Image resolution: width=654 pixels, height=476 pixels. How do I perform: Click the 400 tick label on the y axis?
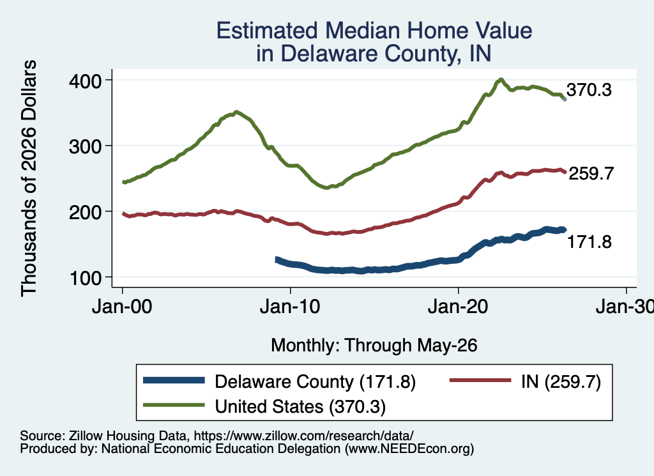[x=85, y=81]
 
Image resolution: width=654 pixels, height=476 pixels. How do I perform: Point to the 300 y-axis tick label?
[x=85, y=146]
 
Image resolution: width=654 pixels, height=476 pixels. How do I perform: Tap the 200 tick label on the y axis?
[x=85, y=212]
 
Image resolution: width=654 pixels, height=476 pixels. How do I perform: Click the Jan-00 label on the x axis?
[x=122, y=307]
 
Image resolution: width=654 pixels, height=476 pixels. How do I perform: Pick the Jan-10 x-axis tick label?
[x=290, y=307]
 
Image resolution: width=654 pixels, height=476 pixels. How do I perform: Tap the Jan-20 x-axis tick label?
[x=458, y=307]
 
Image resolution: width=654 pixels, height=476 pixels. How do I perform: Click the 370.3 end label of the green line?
[x=589, y=89]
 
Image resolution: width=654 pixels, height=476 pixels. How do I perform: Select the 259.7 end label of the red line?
[x=591, y=173]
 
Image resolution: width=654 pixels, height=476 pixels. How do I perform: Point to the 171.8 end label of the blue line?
[x=589, y=242]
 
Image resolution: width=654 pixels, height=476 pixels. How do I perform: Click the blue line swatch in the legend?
[x=174, y=380]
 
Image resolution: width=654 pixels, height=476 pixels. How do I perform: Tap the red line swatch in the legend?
[x=480, y=380]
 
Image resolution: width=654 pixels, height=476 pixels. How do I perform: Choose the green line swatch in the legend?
[x=174, y=405]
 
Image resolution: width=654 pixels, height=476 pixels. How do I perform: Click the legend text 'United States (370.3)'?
[x=300, y=407]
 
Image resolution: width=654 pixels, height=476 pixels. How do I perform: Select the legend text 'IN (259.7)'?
[x=561, y=381]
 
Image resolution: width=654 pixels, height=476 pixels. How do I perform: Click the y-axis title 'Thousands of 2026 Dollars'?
[x=29, y=178]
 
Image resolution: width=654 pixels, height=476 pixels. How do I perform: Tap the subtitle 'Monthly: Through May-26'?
[x=374, y=346]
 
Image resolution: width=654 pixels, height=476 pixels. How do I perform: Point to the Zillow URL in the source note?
[x=304, y=436]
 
